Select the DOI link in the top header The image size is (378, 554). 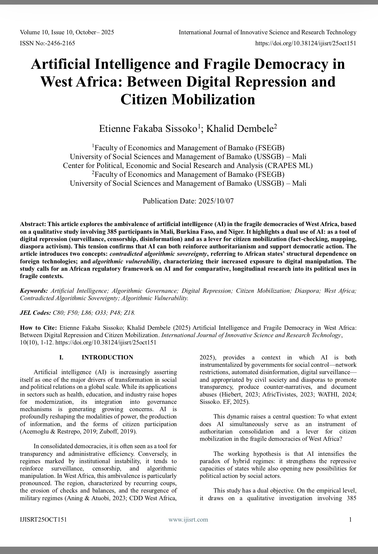tap(306, 43)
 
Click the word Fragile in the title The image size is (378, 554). tap(234, 64)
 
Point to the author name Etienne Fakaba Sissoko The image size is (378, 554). tap(148, 129)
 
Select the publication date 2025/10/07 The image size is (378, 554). tap(216, 201)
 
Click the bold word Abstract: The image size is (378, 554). tap(33, 224)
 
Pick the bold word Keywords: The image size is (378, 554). tap(34, 291)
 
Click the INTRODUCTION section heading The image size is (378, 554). tap(107, 357)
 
